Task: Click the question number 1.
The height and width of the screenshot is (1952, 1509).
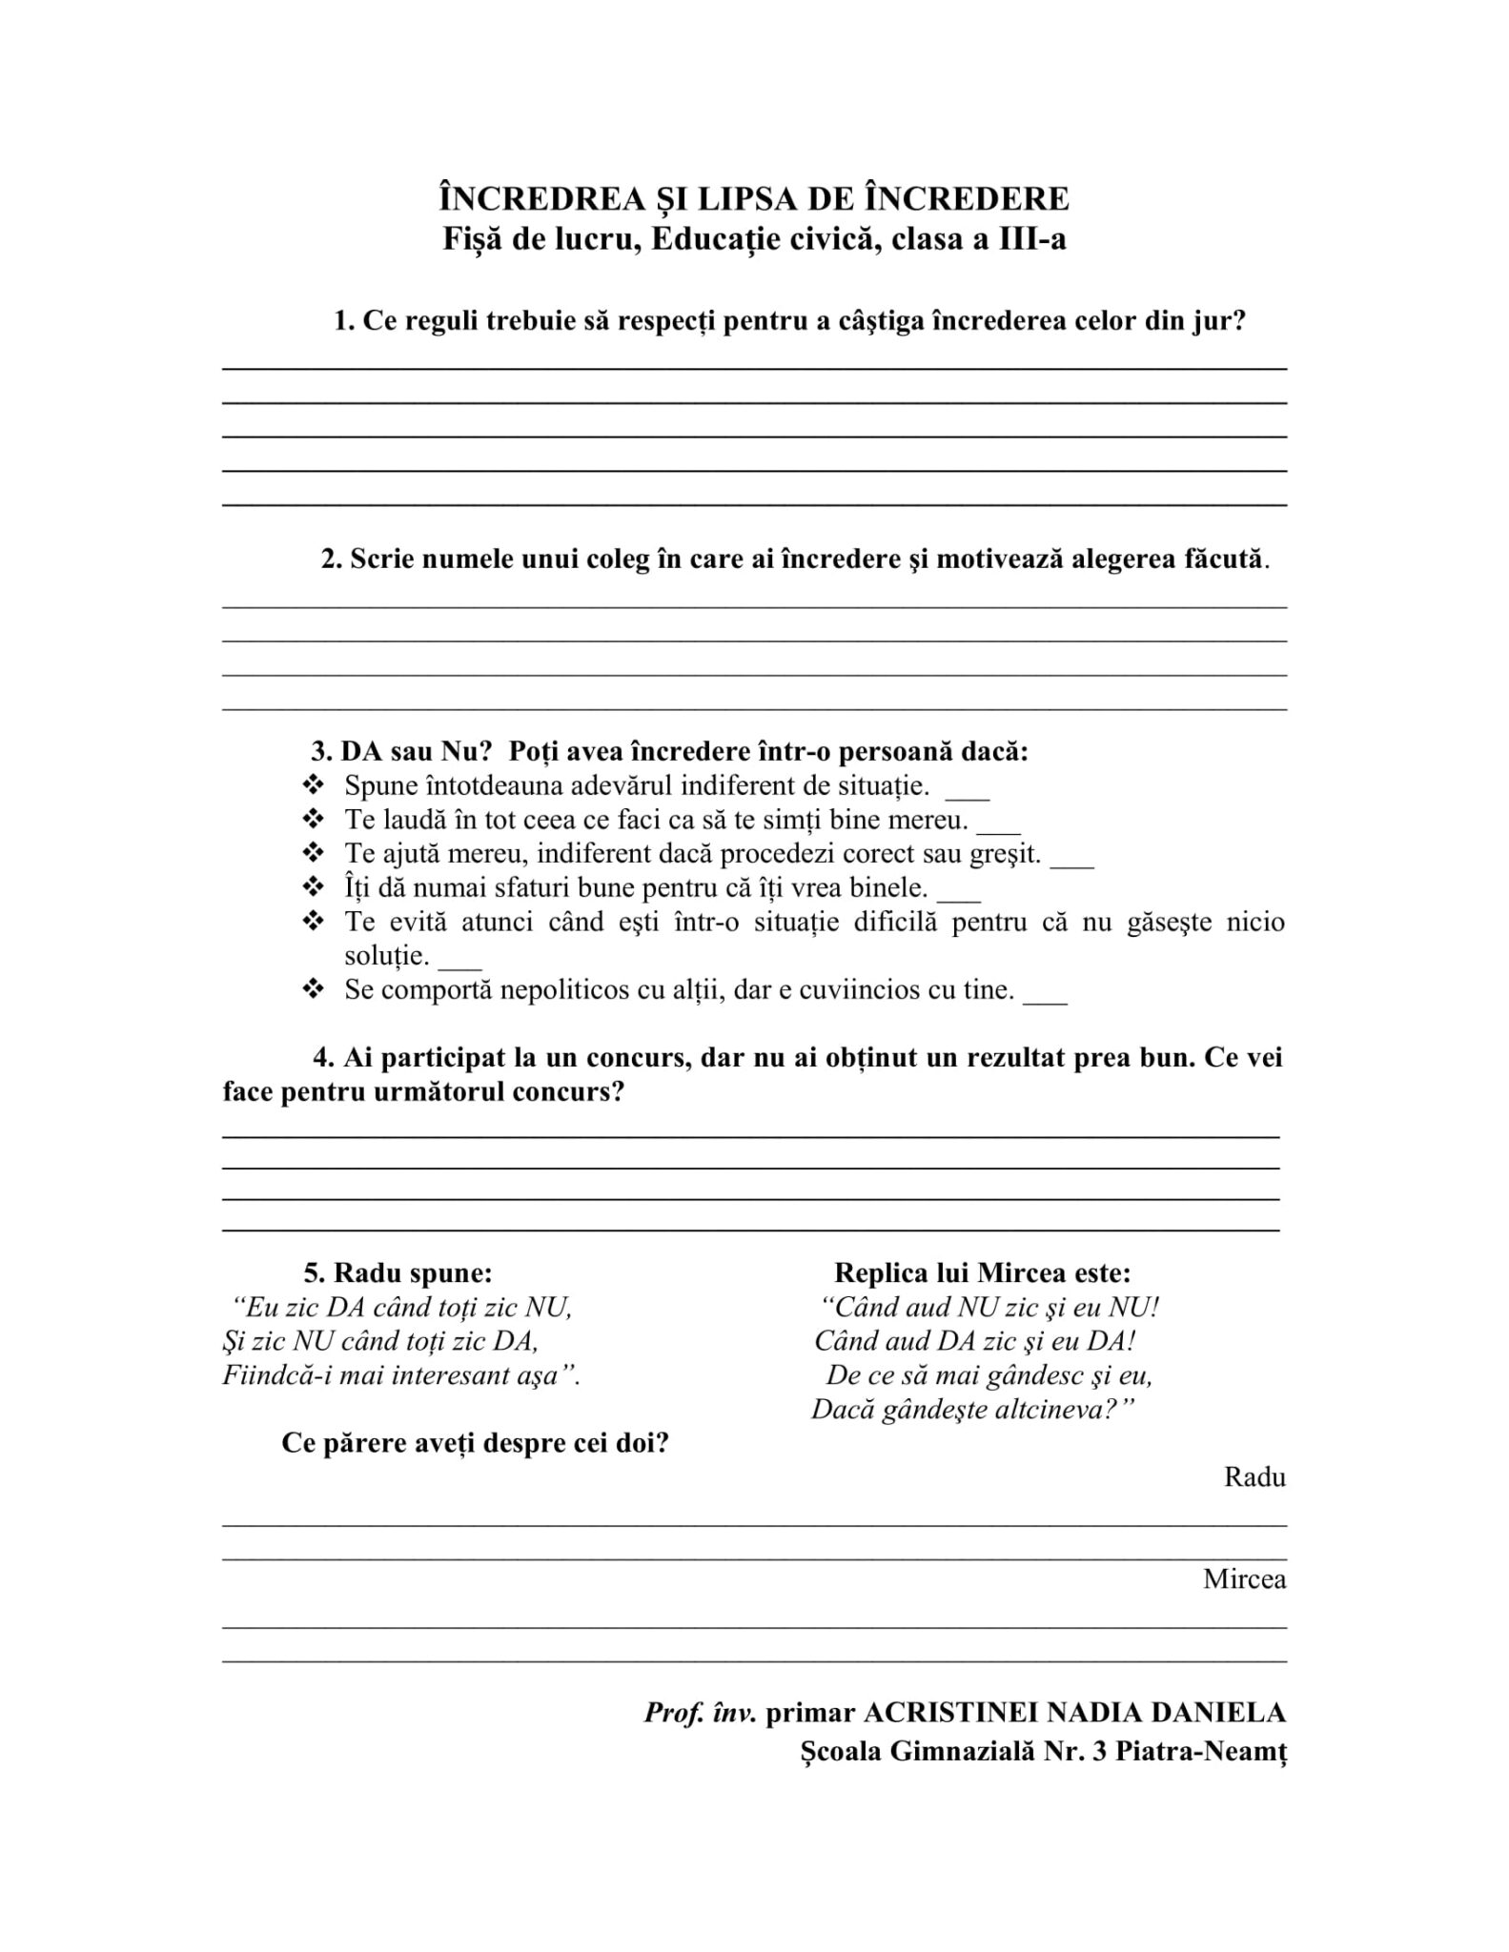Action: click(341, 321)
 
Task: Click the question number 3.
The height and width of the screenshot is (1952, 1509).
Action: click(319, 751)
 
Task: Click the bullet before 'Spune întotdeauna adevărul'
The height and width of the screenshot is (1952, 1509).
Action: click(313, 786)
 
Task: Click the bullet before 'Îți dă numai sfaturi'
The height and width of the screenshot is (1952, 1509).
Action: click(313, 888)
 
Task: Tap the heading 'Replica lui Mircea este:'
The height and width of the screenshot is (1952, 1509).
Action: click(982, 1272)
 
